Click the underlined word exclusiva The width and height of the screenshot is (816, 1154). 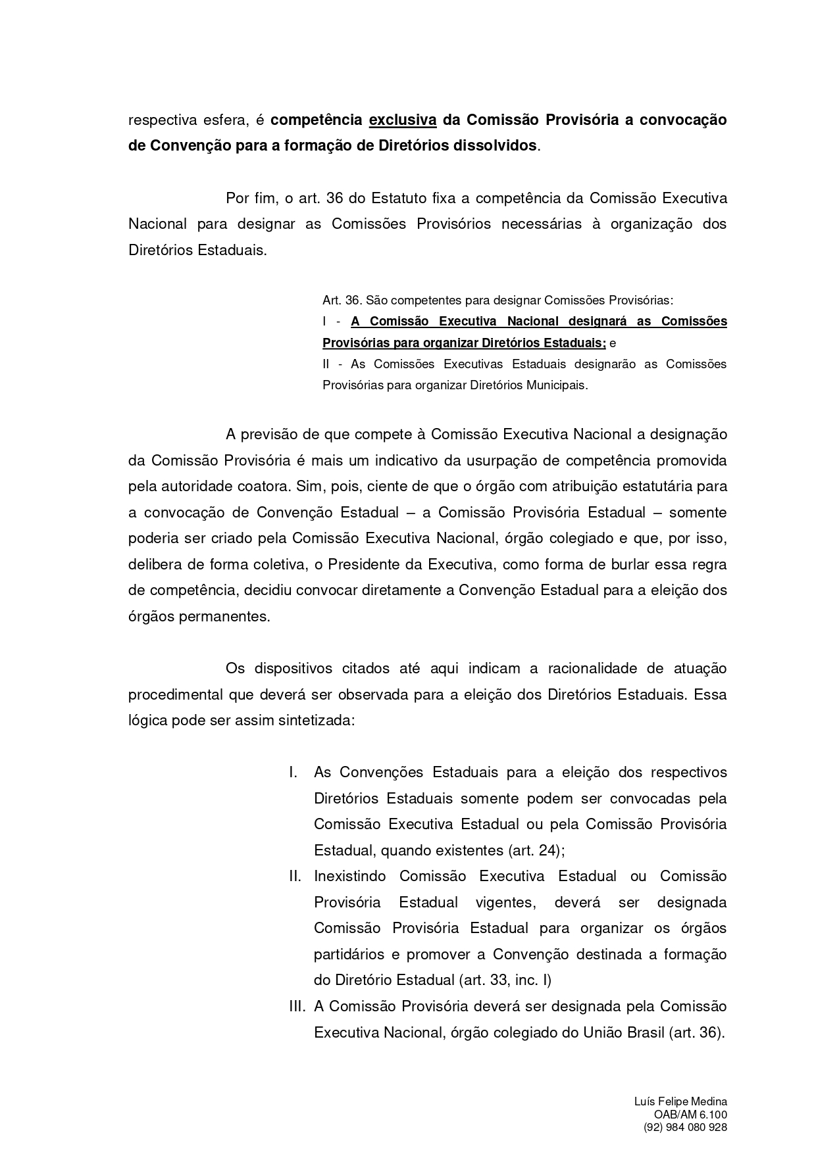point(403,120)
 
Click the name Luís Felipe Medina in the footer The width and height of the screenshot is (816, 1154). point(680,1101)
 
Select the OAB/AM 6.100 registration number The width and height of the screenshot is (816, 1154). point(690,1115)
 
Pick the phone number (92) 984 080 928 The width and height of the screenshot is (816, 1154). point(685,1127)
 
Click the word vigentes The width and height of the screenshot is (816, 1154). point(505,902)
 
